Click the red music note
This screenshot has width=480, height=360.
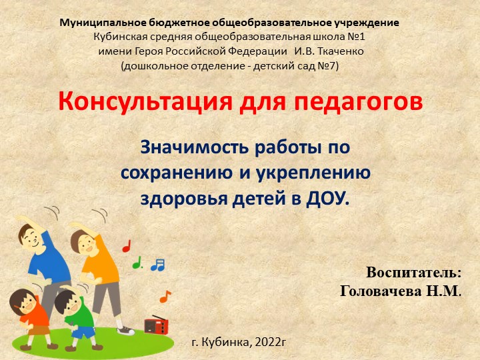pyautogui.click(x=127, y=246)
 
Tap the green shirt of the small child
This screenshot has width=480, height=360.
pyautogui.click(x=83, y=313)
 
